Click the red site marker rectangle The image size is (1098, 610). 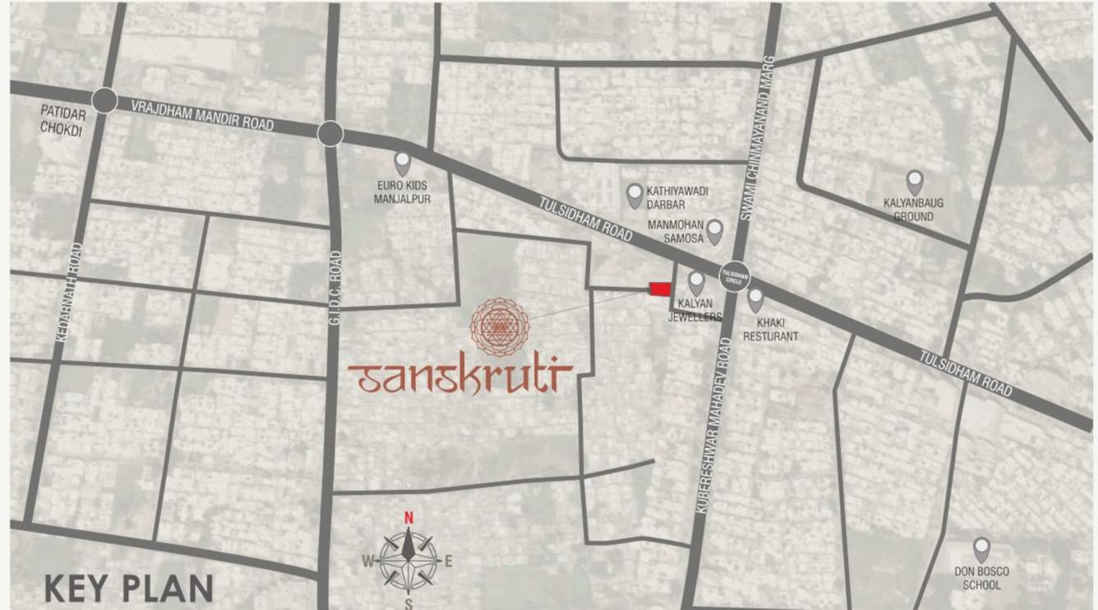(660, 289)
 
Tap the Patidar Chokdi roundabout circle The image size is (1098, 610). (104, 100)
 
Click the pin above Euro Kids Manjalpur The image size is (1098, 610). (402, 163)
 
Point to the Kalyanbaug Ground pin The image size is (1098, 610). (914, 182)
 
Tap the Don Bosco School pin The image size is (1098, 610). (981, 549)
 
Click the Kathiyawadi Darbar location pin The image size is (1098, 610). (634, 195)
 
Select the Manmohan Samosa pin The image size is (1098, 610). (715, 231)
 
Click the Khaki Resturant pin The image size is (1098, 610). (755, 300)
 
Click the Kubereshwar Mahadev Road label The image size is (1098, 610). (713, 425)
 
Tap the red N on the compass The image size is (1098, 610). (408, 518)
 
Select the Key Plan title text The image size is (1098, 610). (128, 589)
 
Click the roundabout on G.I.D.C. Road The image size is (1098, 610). (330, 133)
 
